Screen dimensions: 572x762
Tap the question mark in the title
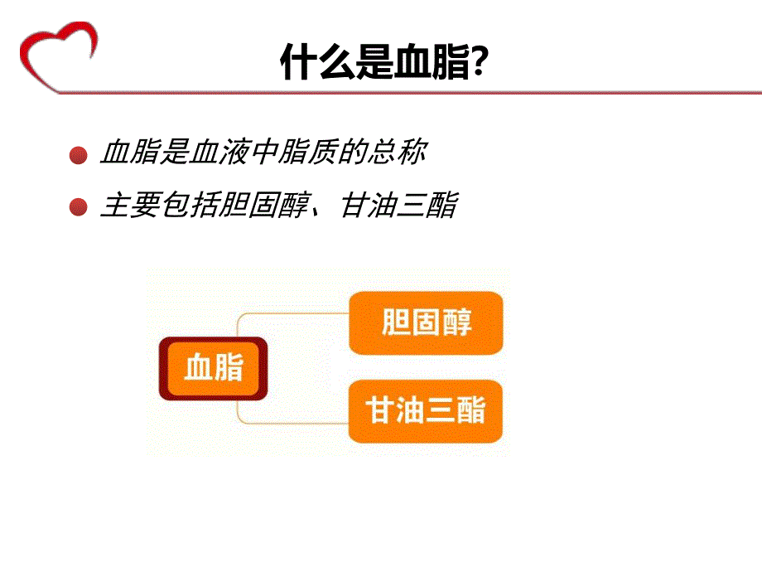[478, 63]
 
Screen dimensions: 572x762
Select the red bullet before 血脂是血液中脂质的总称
[79, 155]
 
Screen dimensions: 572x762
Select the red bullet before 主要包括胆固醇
[79, 207]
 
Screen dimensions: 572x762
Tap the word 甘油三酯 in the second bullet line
[398, 206]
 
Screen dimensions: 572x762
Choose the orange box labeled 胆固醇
[426, 322]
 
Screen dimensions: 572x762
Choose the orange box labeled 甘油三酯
[426, 410]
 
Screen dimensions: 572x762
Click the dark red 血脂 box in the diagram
[214, 367]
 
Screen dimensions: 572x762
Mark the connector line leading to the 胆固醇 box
[290, 314]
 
